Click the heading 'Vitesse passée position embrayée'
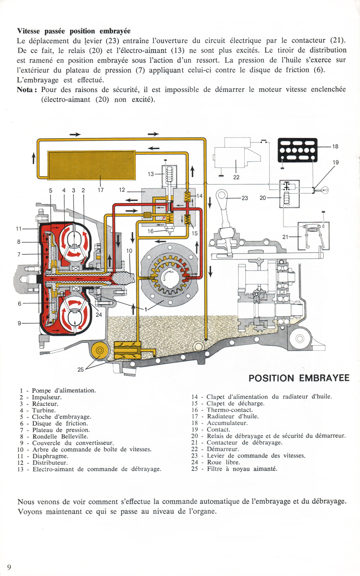(74, 31)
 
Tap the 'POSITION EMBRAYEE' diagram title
(299, 378)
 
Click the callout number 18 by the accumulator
(335, 146)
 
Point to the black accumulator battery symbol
(297, 149)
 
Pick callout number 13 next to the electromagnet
(151, 174)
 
